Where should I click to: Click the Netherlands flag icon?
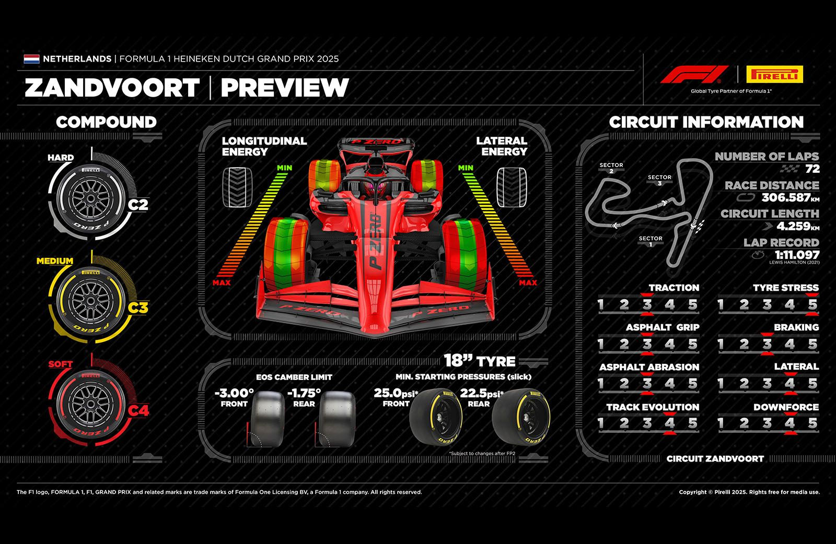coord(31,59)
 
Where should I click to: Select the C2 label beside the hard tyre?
coord(138,204)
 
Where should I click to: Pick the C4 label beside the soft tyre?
coord(138,411)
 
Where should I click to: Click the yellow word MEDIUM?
coord(54,261)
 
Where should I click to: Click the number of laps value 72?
coord(812,169)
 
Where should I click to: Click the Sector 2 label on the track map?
coord(611,168)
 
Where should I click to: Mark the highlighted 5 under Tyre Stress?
coord(812,304)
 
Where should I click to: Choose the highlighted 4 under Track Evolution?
coord(670,423)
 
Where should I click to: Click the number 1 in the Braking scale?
coord(722,344)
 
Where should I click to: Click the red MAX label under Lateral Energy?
coord(528,283)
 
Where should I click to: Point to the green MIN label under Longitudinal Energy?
coord(284,168)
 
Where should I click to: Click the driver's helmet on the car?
coord(377,182)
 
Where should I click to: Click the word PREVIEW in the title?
coord(284,88)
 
